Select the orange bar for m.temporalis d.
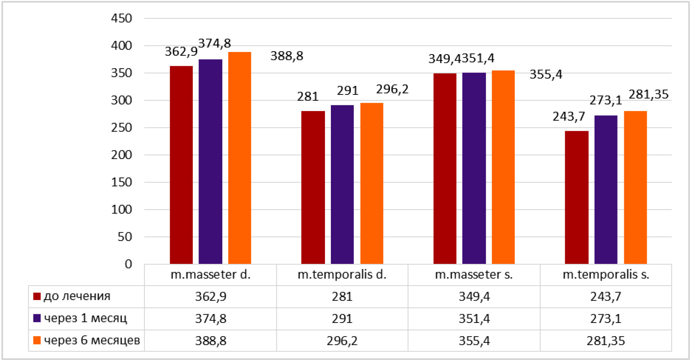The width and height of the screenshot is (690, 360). (x=372, y=183)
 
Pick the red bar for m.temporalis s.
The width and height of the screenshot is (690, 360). (x=576, y=197)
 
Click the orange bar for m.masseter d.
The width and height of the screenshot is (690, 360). (x=240, y=158)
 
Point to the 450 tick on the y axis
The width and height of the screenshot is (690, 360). (x=122, y=18)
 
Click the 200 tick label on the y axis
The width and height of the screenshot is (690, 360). (x=122, y=155)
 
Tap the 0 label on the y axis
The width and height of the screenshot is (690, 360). (x=128, y=264)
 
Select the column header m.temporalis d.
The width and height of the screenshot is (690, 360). (x=342, y=275)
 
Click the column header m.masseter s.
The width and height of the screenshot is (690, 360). (x=474, y=275)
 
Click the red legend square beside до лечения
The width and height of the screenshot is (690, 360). (x=37, y=296)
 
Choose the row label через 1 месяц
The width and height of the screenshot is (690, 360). (x=85, y=318)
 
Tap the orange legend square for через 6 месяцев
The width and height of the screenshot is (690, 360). (x=37, y=340)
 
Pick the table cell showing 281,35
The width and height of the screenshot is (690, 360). (x=606, y=341)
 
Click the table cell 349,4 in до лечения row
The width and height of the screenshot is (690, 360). (x=474, y=296)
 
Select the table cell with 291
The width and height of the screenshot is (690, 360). (x=342, y=318)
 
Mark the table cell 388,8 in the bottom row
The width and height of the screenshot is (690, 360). (x=211, y=341)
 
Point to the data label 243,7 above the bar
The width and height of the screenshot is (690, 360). (x=568, y=117)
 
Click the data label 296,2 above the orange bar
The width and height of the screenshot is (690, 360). (x=392, y=89)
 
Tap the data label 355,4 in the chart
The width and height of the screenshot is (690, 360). (x=546, y=74)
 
